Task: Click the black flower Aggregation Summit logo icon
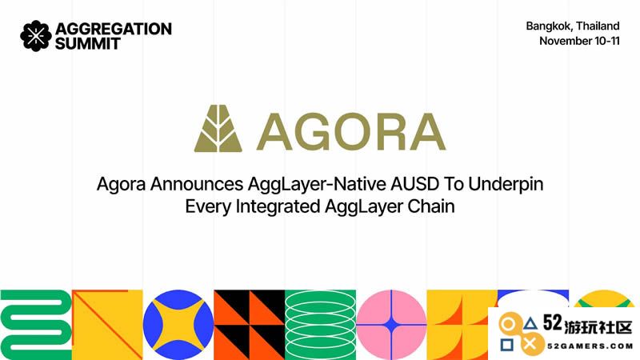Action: (36, 36)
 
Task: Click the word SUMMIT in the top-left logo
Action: (88, 44)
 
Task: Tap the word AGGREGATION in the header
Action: (114, 29)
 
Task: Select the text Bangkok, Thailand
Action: (573, 26)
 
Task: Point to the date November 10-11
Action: (579, 41)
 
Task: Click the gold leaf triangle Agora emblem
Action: (218, 128)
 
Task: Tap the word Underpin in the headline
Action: (506, 185)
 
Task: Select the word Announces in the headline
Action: (197, 184)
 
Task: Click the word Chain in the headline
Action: (431, 206)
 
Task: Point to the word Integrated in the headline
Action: (278, 207)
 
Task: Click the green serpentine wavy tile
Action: (36, 325)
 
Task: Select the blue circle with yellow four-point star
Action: (178, 325)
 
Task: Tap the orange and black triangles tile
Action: (249, 325)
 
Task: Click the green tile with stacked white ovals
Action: (320, 325)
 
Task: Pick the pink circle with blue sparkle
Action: (391, 325)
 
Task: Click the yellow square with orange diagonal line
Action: (107, 325)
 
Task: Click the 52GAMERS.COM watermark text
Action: (590, 346)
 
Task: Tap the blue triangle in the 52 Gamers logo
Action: (530, 325)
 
